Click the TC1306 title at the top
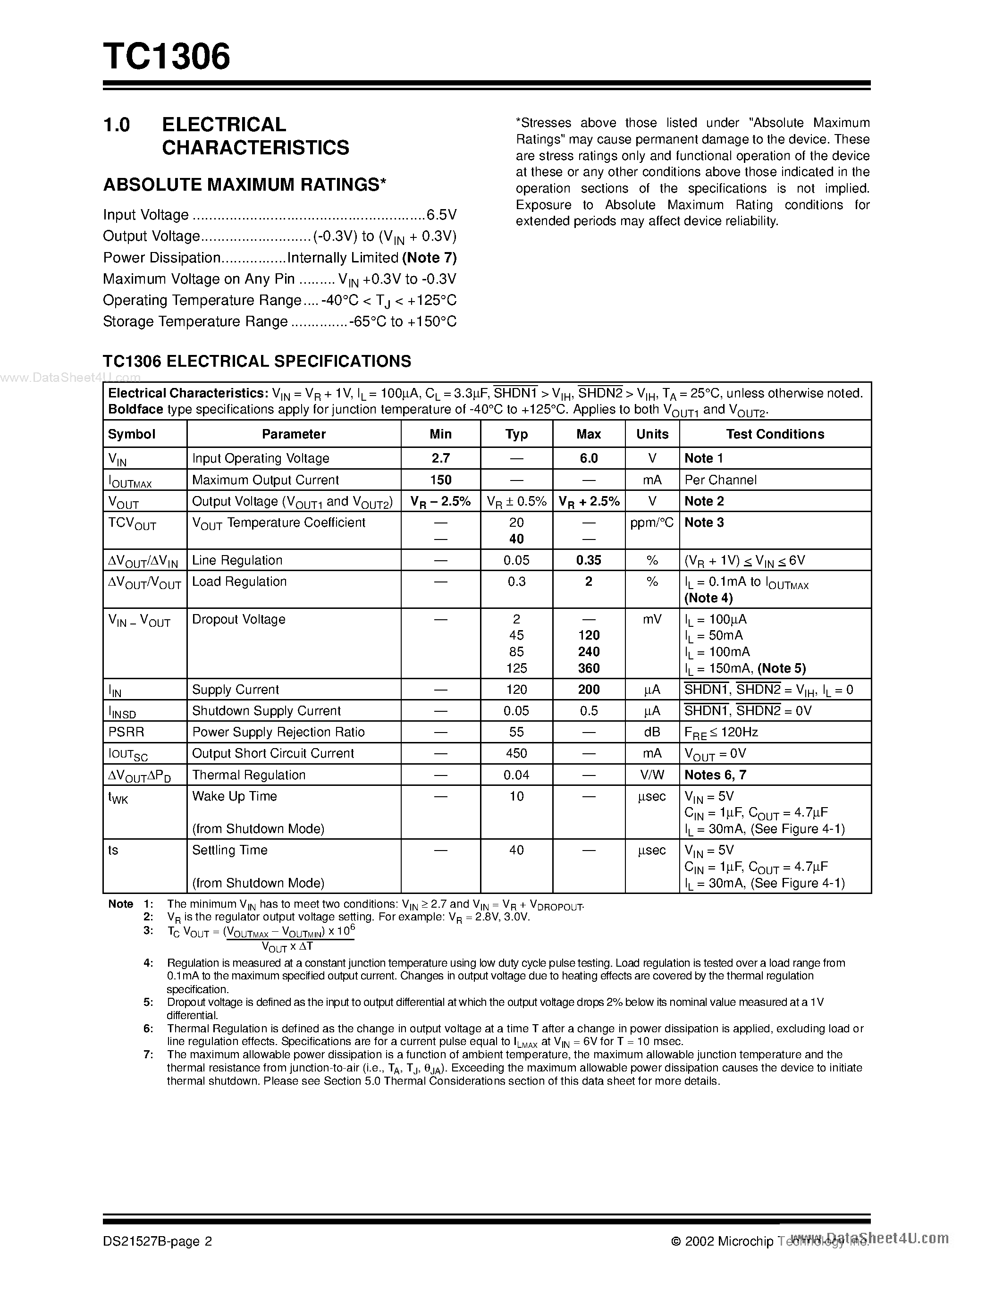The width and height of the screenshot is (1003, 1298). [x=166, y=57]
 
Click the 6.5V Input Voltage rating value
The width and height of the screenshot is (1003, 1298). [x=441, y=215]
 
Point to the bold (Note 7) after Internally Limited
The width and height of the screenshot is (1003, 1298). [x=430, y=257]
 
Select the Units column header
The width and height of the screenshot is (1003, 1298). [x=652, y=434]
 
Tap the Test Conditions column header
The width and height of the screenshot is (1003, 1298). [x=775, y=434]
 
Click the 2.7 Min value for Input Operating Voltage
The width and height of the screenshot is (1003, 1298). [x=440, y=458]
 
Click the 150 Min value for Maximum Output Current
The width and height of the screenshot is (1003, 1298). [x=440, y=480]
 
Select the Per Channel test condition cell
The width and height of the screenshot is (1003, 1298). [x=720, y=480]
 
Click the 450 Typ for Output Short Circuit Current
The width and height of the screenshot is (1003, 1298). [x=516, y=753]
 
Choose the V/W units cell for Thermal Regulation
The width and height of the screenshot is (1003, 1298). [x=652, y=775]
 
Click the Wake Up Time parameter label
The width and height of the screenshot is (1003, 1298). [x=234, y=796]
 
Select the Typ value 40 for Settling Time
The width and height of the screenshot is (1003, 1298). [x=516, y=850]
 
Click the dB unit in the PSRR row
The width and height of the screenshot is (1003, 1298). [x=652, y=732]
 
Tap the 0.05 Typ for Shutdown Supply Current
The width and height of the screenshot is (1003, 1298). [x=516, y=710]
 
